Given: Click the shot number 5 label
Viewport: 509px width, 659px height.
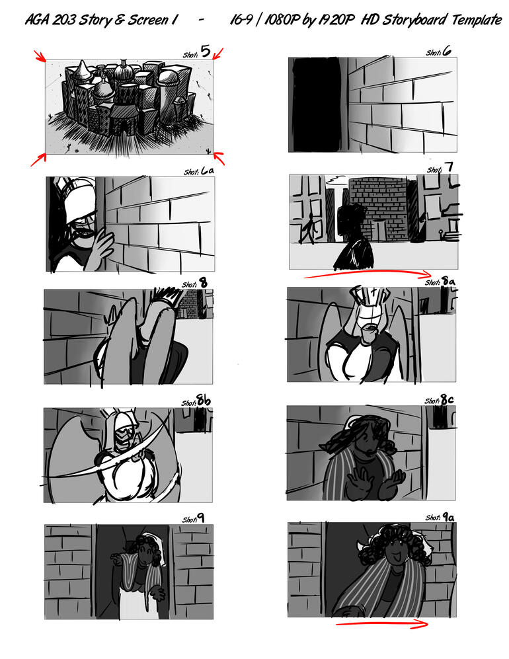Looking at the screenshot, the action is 196,52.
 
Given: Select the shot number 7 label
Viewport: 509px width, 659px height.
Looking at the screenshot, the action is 440,168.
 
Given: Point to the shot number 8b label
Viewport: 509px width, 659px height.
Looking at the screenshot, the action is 196,401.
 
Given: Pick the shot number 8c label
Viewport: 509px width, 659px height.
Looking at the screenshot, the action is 439,400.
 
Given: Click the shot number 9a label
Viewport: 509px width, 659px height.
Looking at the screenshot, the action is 440,517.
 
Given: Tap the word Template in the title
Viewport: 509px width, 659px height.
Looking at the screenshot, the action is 477,20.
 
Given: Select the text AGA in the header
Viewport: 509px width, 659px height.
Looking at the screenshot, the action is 37,20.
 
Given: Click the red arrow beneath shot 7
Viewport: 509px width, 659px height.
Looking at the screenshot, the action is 366,274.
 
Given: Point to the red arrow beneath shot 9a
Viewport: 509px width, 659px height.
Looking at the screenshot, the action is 381,624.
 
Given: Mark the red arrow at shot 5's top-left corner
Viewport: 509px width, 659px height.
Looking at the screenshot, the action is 40,56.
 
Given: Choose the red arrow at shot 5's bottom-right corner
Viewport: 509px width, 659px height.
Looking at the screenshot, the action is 219,158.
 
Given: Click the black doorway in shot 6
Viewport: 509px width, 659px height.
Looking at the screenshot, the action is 316,104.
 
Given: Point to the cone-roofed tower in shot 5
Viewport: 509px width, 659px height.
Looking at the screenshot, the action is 83,71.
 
